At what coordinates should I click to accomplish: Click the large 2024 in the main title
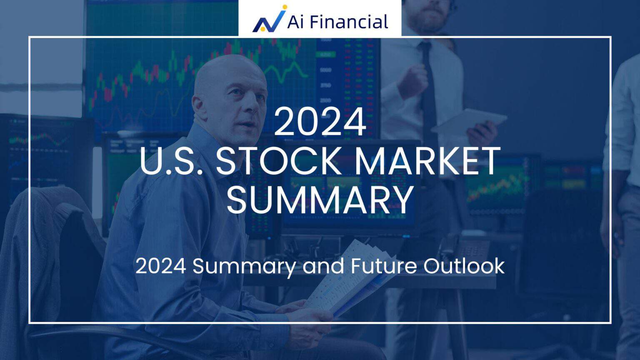click(x=320, y=122)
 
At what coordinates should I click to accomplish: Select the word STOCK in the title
click(x=278, y=161)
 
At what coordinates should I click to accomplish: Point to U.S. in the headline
click(x=173, y=161)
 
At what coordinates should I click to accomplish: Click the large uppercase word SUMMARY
click(x=320, y=200)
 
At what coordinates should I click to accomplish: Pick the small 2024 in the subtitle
click(x=160, y=266)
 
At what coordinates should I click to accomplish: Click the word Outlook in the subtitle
click(x=464, y=266)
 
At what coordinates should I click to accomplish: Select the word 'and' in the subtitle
click(x=323, y=266)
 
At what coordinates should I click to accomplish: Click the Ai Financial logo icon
click(x=269, y=20)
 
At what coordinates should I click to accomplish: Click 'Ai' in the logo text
click(x=294, y=22)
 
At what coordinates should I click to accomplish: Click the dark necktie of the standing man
click(x=427, y=79)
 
